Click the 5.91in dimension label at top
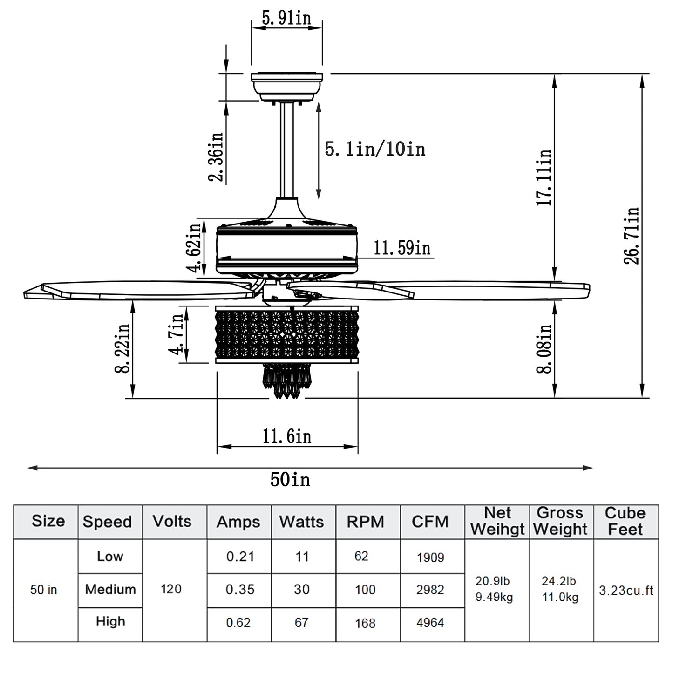(x=286, y=18)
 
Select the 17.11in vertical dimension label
(x=544, y=177)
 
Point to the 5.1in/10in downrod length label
(x=375, y=150)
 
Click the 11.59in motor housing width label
(x=402, y=248)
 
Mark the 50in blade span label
(x=290, y=479)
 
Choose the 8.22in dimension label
(x=122, y=348)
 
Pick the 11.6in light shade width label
(x=286, y=436)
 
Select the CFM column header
(x=430, y=522)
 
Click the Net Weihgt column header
(x=497, y=522)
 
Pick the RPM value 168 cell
(x=365, y=623)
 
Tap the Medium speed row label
(x=110, y=590)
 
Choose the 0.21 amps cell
(x=240, y=557)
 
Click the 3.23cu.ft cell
(x=626, y=591)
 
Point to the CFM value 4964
(x=430, y=623)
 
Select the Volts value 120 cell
(x=171, y=589)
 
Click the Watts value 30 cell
(x=301, y=590)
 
